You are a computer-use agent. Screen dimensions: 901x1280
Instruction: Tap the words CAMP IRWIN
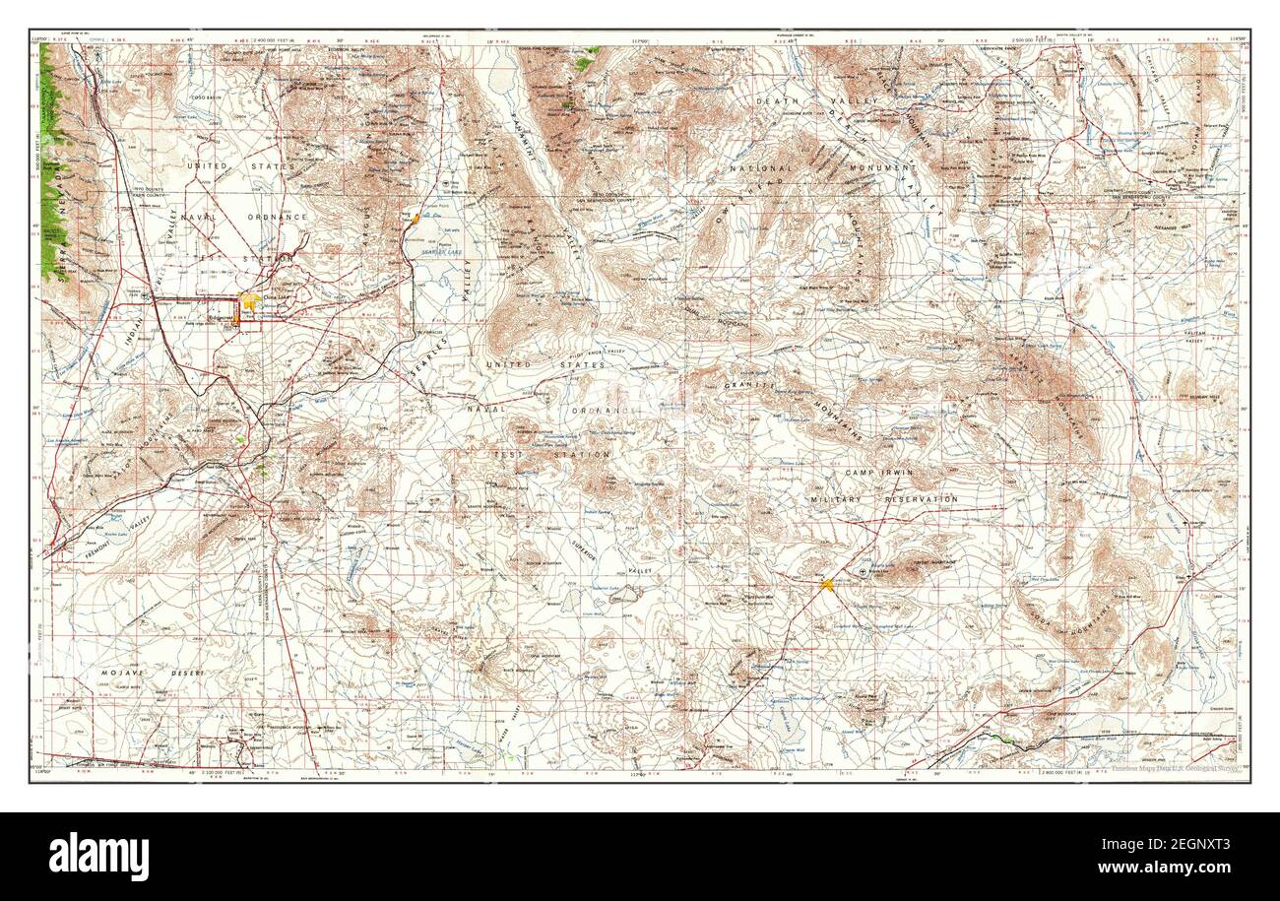(x=878, y=474)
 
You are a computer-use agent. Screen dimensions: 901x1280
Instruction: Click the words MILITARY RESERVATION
(x=883, y=499)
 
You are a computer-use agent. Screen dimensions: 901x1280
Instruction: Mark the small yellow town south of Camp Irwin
(x=827, y=584)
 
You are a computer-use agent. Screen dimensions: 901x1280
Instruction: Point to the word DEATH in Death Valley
(x=778, y=101)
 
